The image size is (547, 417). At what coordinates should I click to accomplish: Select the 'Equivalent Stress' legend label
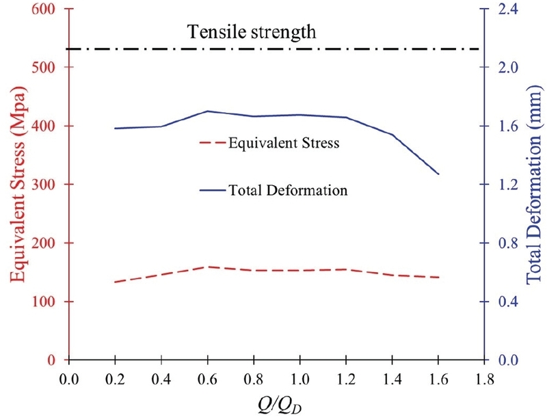(x=284, y=144)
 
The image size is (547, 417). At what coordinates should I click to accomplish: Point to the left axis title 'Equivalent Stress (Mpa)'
(x=18, y=185)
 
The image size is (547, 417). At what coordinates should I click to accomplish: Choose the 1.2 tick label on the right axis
(x=505, y=185)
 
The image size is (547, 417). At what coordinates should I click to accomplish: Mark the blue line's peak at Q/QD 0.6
(x=207, y=111)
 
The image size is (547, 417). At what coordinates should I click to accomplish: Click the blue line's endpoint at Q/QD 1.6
(x=438, y=174)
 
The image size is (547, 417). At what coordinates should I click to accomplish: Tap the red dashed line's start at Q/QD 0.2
(x=115, y=282)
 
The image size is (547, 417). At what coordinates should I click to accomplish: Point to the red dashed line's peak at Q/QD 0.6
(x=207, y=267)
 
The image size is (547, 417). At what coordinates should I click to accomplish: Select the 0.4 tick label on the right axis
(x=505, y=301)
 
